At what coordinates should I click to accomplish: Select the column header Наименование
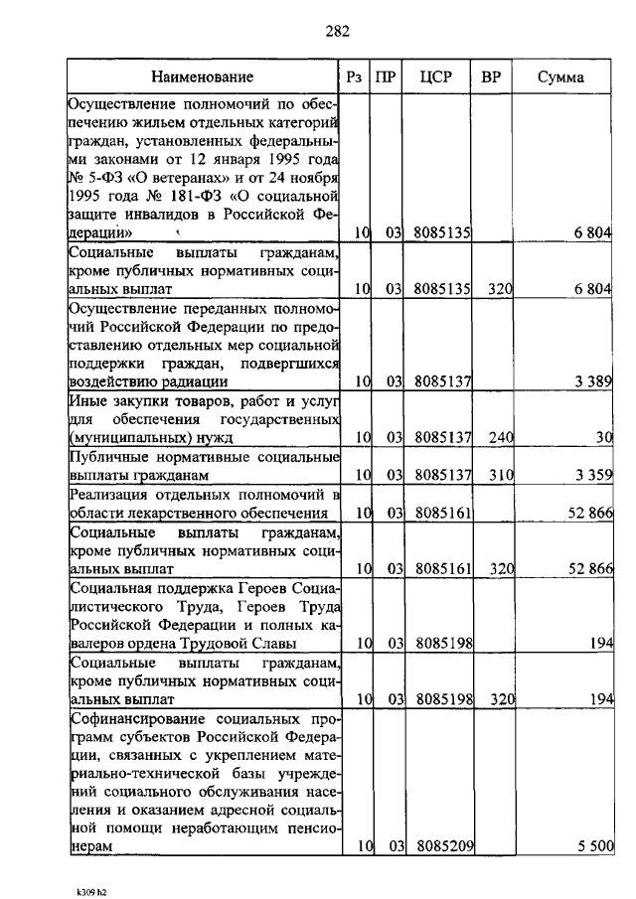[203, 76]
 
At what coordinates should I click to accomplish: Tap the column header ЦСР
[436, 76]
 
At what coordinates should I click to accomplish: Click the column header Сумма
[560, 76]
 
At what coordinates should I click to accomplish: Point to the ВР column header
[491, 76]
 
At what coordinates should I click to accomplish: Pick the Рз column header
[354, 76]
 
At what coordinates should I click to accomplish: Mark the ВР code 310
[499, 476]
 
